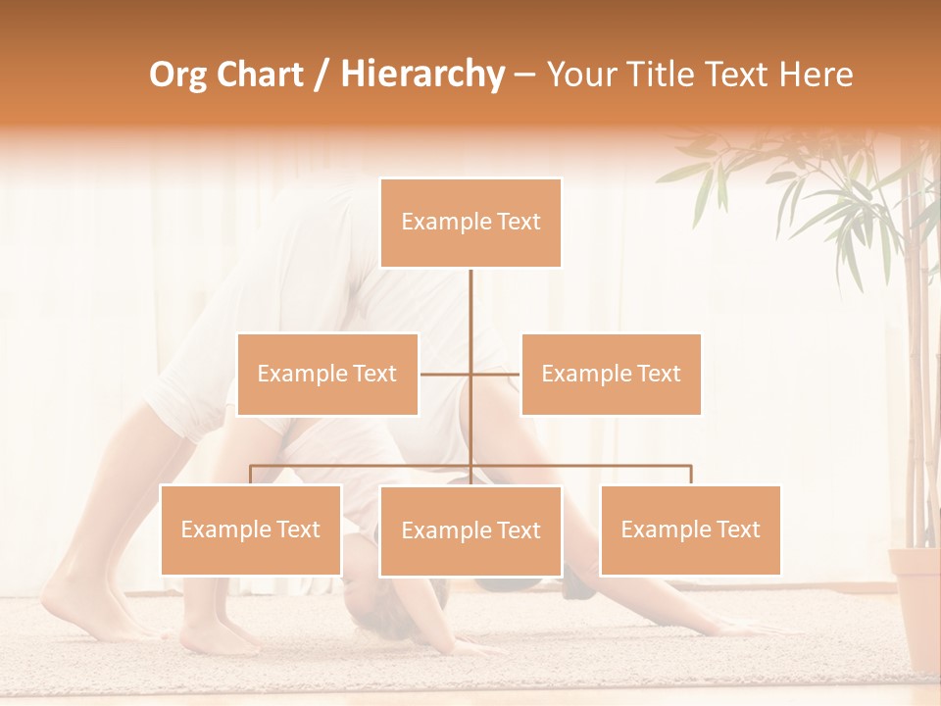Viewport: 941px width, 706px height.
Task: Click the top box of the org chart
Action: (x=470, y=223)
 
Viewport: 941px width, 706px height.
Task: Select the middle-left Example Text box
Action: (x=327, y=374)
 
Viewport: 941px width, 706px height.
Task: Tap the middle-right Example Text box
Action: (x=611, y=374)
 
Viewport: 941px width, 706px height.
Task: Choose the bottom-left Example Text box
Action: (x=251, y=529)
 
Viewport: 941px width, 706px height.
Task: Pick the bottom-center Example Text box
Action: (x=470, y=530)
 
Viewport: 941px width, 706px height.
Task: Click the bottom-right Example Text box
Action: (x=690, y=529)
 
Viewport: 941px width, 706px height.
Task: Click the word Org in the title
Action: (x=178, y=75)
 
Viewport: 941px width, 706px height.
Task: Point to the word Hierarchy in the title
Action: (x=421, y=75)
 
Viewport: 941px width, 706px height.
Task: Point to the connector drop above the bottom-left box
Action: (x=251, y=475)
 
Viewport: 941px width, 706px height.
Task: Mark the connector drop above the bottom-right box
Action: (x=690, y=475)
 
